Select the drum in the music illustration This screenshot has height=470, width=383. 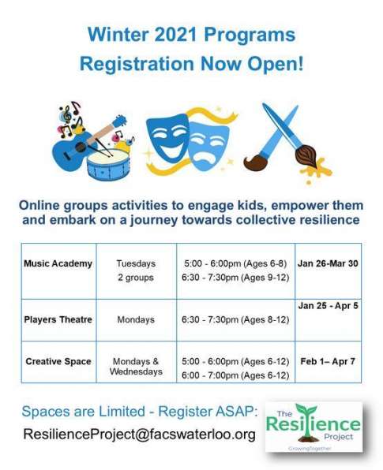[108, 165]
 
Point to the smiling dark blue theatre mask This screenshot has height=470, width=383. [167, 137]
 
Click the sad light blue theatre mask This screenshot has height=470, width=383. [208, 146]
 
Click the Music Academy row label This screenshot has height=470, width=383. [58, 263]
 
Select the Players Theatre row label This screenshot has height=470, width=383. [58, 319]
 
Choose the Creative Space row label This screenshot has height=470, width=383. [58, 361]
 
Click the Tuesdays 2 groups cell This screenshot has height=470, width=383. [136, 270]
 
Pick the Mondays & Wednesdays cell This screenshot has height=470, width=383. [136, 367]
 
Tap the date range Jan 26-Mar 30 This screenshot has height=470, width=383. [328, 263]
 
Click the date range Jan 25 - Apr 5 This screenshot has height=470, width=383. [328, 306]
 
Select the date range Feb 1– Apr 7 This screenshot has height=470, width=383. [328, 361]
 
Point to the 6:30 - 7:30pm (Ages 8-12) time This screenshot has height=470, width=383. [235, 320]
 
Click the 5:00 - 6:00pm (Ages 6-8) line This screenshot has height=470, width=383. [235, 263]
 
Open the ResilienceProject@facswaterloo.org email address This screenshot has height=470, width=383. [139, 434]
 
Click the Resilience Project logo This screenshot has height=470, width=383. [314, 427]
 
